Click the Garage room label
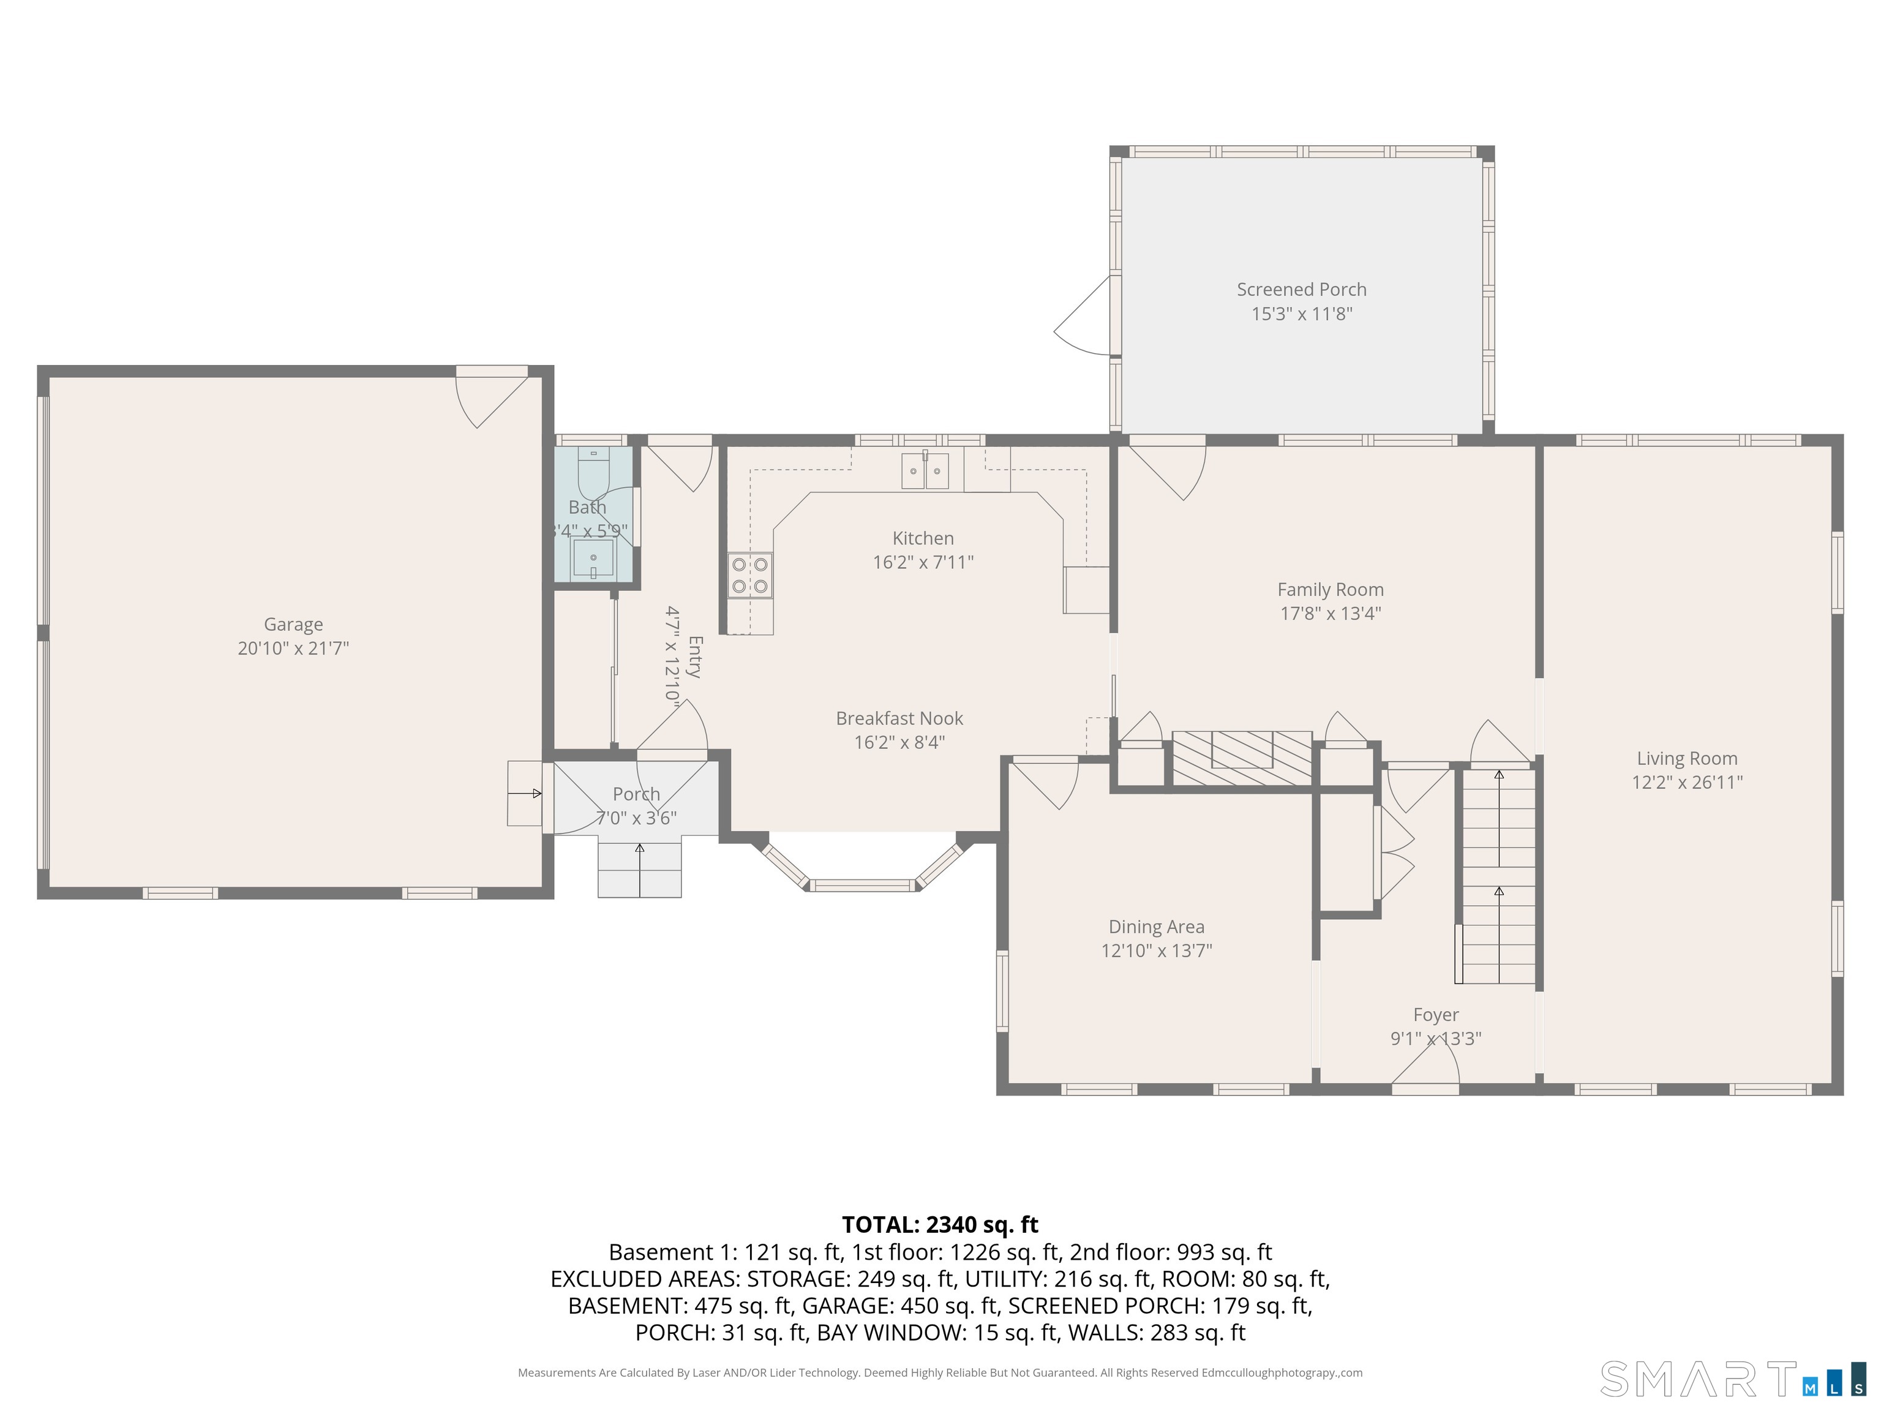tap(293, 624)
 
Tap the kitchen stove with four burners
tap(750, 576)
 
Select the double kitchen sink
tap(925, 470)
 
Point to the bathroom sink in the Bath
tap(593, 559)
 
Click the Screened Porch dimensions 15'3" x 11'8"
tap(1301, 314)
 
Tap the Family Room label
tap(1330, 589)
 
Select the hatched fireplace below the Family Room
tap(1242, 757)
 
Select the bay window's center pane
tap(862, 886)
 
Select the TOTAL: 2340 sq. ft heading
tap(940, 1225)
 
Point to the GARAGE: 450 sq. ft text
tap(899, 1306)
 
